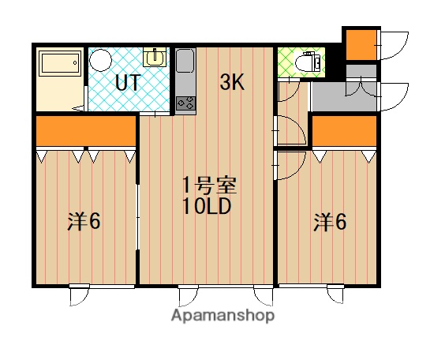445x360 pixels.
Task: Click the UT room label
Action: [x=128, y=82]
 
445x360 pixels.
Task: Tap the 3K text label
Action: [x=232, y=82]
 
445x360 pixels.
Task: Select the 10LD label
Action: [x=206, y=206]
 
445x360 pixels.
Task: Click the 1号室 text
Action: [x=209, y=186]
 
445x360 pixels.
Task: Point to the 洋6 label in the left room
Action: [x=84, y=222]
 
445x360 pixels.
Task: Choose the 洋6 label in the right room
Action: [x=330, y=222]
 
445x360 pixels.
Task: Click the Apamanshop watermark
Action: [x=222, y=316]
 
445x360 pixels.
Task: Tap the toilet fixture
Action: [x=309, y=62]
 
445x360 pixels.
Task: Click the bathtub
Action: [x=60, y=64]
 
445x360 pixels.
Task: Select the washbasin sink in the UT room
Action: [x=155, y=57]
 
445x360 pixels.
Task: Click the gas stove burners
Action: [x=186, y=103]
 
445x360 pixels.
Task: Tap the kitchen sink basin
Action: [x=185, y=61]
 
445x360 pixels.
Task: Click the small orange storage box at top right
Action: [x=361, y=44]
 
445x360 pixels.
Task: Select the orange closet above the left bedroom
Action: [x=86, y=131]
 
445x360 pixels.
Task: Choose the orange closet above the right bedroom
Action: [x=345, y=131]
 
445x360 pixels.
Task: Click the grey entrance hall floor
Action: [x=344, y=97]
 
